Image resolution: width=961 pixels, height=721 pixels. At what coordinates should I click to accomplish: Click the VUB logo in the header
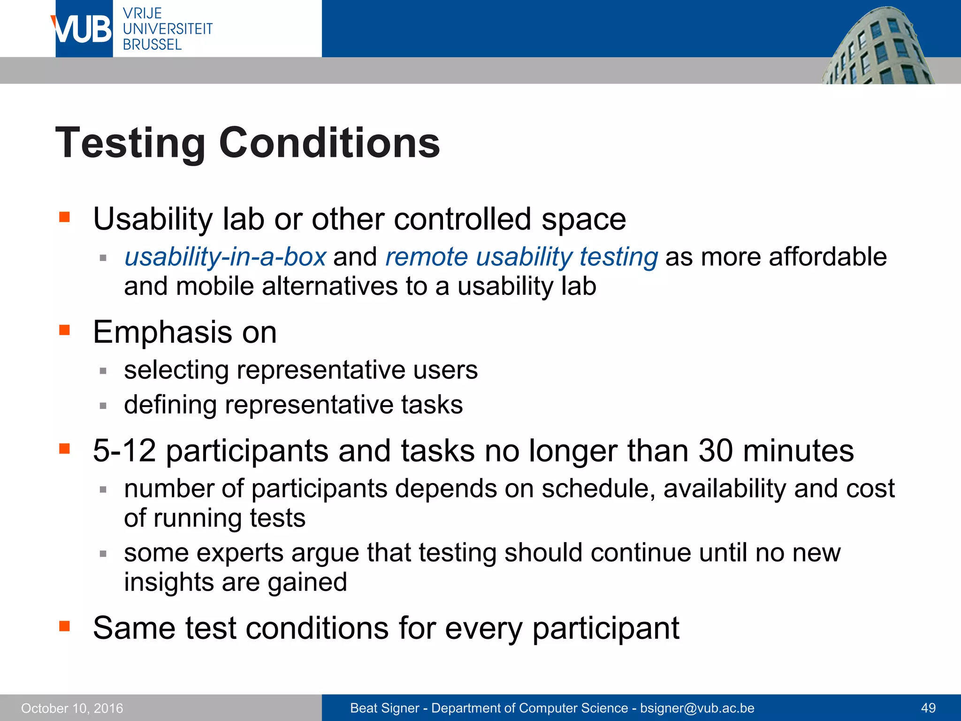(x=83, y=29)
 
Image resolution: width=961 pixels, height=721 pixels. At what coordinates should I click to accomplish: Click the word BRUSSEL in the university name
(x=152, y=45)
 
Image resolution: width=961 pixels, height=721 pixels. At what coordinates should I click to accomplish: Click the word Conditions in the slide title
(x=329, y=143)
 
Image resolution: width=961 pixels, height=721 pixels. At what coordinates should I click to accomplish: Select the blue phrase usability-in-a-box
(x=225, y=257)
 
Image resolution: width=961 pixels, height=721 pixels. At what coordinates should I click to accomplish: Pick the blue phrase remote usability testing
(x=521, y=257)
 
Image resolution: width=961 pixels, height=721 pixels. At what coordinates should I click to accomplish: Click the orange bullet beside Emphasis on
(x=64, y=330)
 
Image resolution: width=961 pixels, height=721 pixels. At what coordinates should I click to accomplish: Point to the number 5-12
(x=124, y=451)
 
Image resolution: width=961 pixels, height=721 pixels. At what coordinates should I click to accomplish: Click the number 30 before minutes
(x=715, y=451)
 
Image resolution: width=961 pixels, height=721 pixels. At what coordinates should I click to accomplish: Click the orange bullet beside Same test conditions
(x=64, y=626)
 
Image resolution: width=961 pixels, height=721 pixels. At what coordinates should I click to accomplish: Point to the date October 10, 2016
(x=72, y=708)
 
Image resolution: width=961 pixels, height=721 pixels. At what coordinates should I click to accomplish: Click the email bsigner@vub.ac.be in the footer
(x=697, y=708)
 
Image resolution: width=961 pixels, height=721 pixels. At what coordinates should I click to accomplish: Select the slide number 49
(x=928, y=708)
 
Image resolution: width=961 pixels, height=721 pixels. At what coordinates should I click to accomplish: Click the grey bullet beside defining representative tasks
(x=103, y=406)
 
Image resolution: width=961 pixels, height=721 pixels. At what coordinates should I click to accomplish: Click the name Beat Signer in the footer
(x=384, y=708)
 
